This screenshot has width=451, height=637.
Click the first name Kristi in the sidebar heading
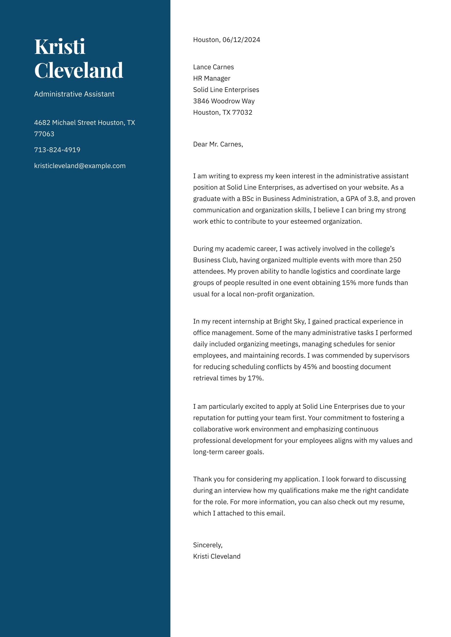pyautogui.click(x=60, y=47)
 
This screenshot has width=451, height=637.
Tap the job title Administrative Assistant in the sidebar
pyautogui.click(x=74, y=94)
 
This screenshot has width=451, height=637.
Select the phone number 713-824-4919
pyautogui.click(x=57, y=150)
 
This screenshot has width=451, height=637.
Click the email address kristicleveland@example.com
pyautogui.click(x=80, y=165)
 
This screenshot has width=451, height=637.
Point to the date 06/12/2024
pyautogui.click(x=241, y=40)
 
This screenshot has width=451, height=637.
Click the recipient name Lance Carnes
pyautogui.click(x=213, y=67)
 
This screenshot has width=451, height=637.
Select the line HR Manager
pyautogui.click(x=212, y=78)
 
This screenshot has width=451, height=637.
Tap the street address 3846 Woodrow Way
pyautogui.click(x=224, y=101)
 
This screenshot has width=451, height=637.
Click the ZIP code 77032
pyautogui.click(x=242, y=112)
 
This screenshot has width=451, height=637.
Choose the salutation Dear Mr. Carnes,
pyautogui.click(x=218, y=144)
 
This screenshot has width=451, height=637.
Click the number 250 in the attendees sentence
pyautogui.click(x=395, y=260)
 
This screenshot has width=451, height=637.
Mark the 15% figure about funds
pyautogui.click(x=349, y=283)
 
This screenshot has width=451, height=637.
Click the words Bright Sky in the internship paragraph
pyautogui.click(x=289, y=321)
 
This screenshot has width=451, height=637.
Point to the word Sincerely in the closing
pyautogui.click(x=207, y=545)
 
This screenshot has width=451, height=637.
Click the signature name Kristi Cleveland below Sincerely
pyautogui.click(x=217, y=556)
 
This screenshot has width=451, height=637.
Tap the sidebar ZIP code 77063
pyautogui.click(x=44, y=134)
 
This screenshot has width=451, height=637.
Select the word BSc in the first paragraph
pyautogui.click(x=248, y=199)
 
